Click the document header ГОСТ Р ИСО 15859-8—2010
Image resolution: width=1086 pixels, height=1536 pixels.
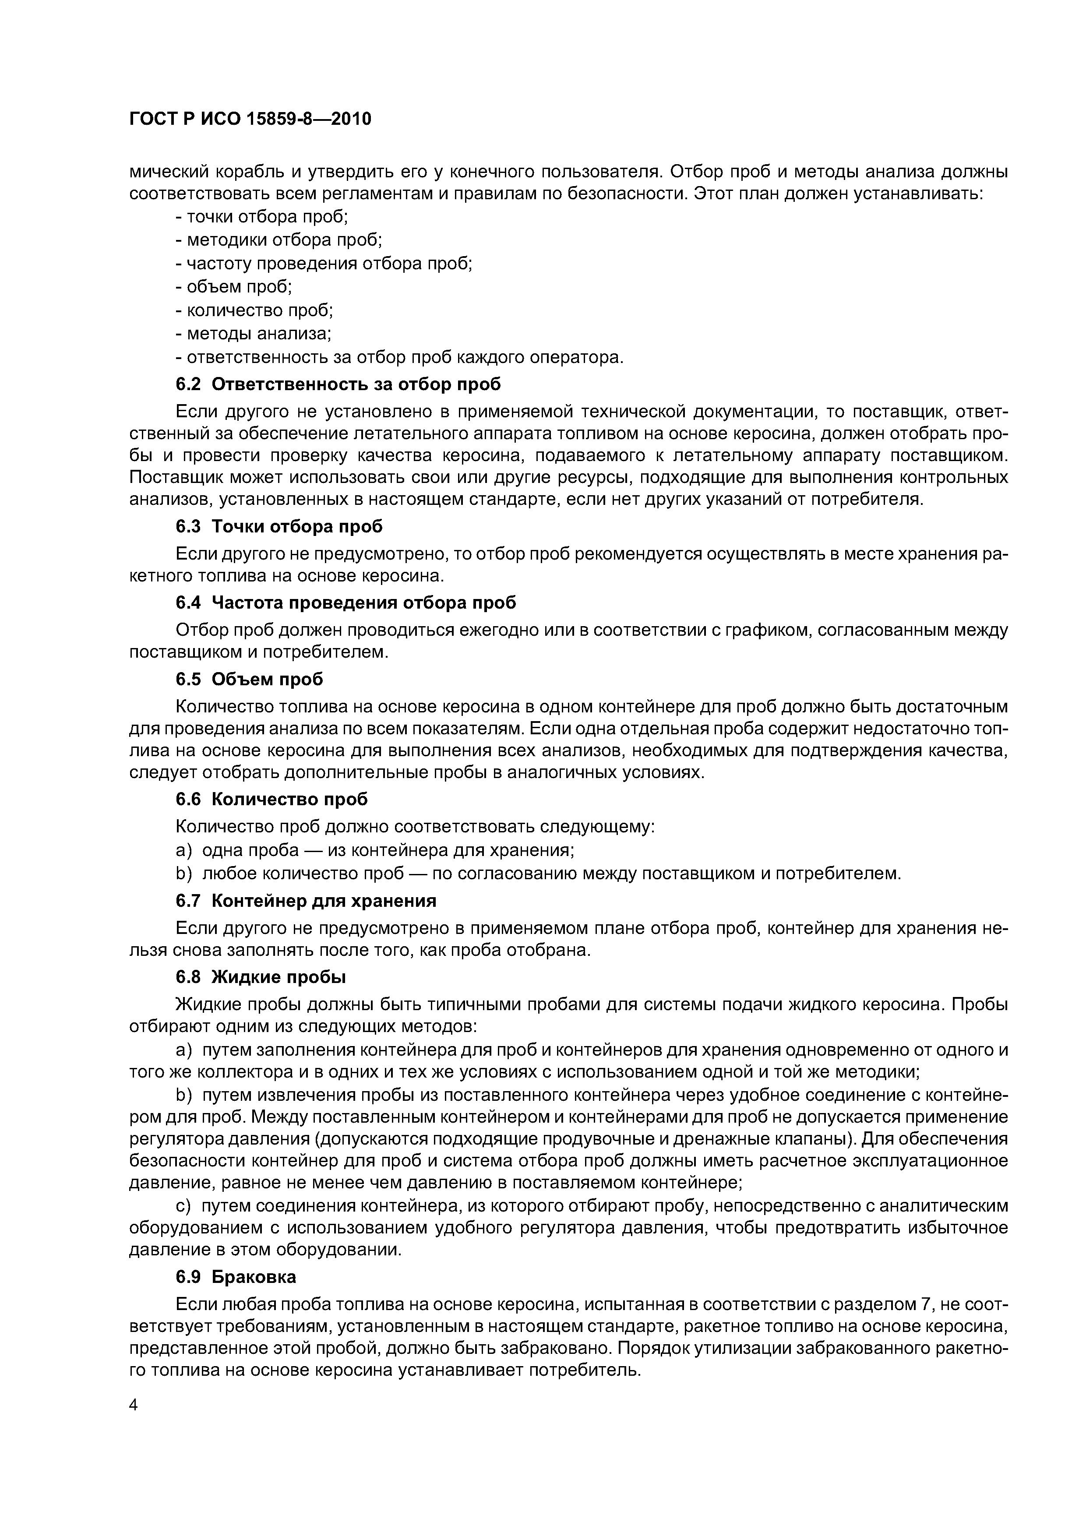tap(250, 119)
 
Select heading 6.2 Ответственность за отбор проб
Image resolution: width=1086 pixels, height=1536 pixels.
tap(338, 385)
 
